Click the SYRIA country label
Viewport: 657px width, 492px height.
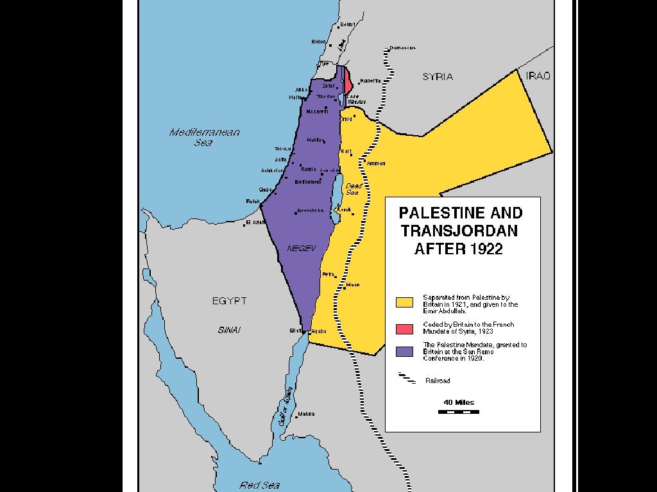point(438,77)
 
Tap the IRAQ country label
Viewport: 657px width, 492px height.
point(538,76)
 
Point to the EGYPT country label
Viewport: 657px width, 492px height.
point(229,300)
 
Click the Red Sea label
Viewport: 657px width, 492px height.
point(259,485)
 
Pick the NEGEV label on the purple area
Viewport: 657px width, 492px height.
point(302,248)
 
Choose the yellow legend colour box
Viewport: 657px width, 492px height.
point(404,302)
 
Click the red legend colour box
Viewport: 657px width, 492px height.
point(404,329)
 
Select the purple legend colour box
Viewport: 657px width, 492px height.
point(404,351)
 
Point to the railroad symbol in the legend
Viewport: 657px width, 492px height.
point(407,378)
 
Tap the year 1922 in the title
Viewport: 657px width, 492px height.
point(482,249)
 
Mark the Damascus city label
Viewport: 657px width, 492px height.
point(403,48)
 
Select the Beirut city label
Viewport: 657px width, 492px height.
point(347,24)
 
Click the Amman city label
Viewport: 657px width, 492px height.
point(376,163)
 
